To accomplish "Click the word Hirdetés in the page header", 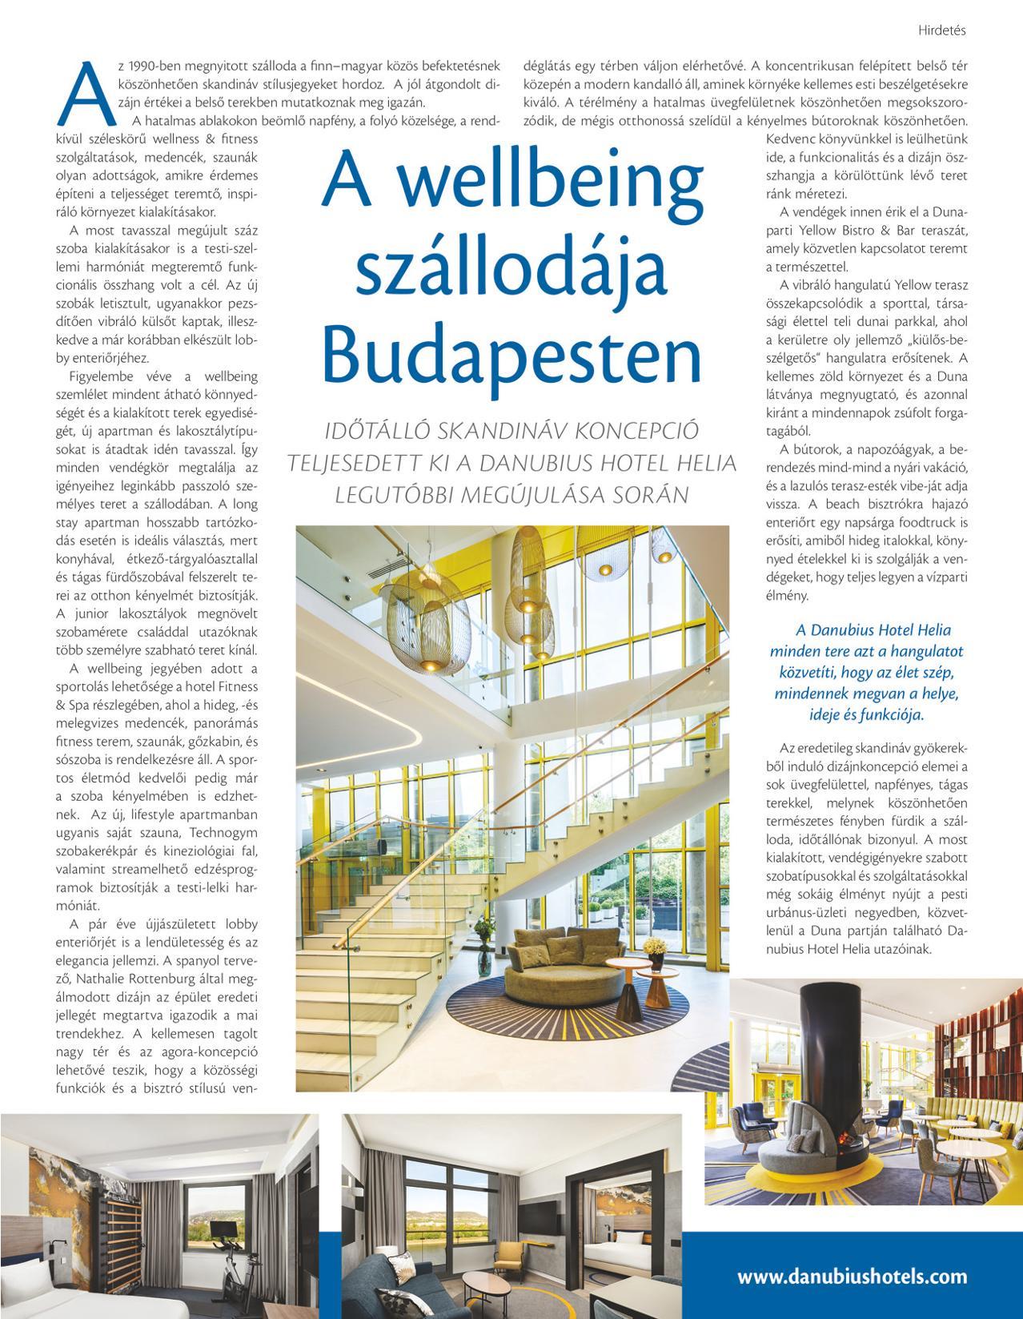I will click(944, 30).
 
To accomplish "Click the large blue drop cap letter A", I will click(85, 92).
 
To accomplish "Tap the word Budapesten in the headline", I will click(513, 352).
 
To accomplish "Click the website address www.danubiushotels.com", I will click(852, 1277).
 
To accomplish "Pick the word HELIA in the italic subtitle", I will click(701, 463).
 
